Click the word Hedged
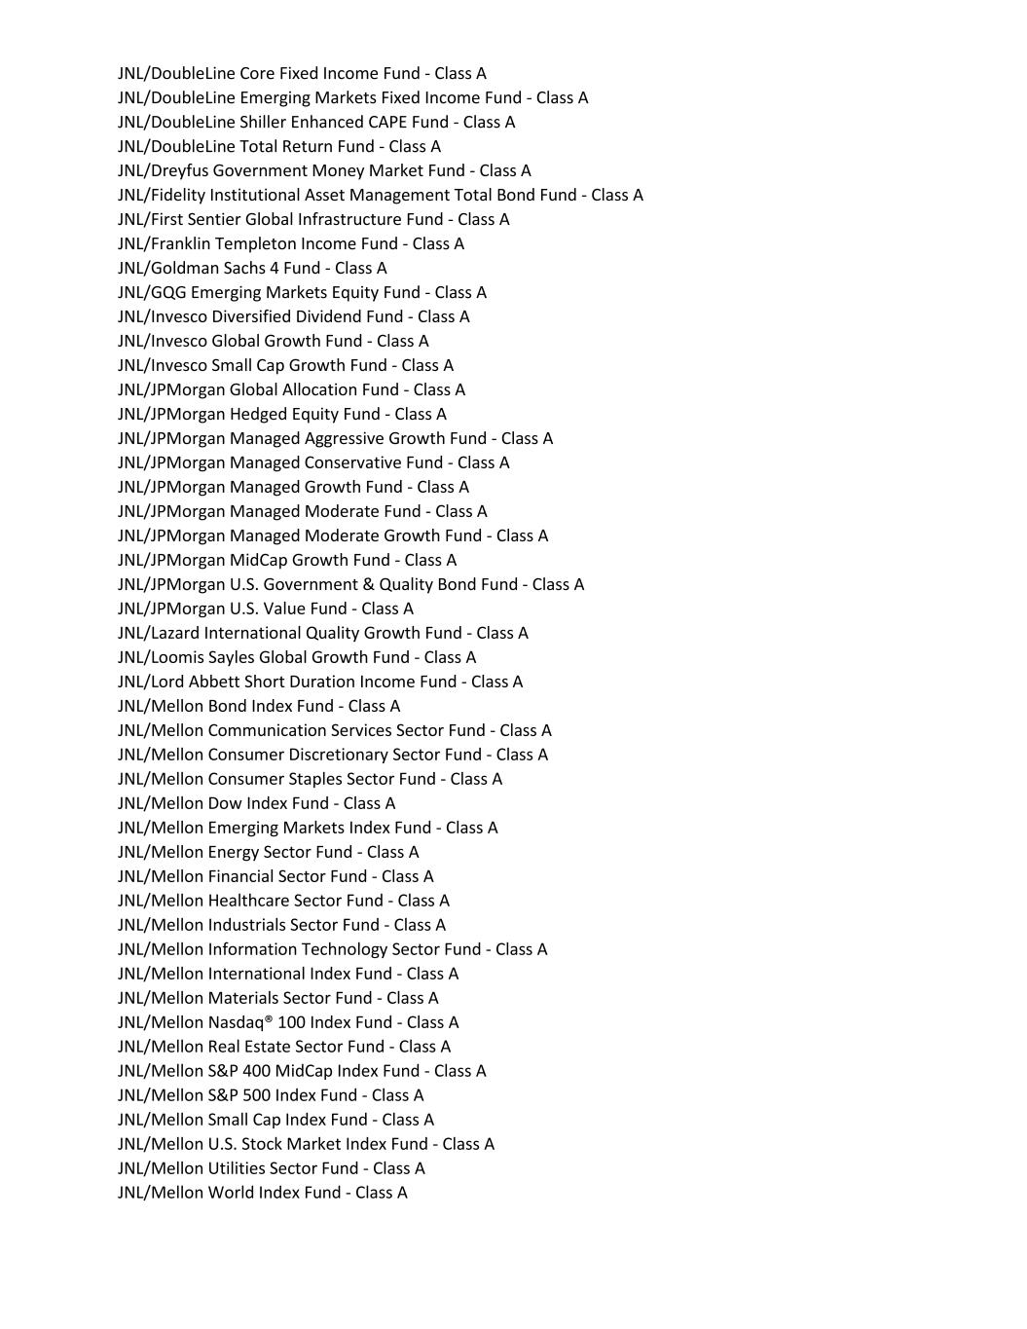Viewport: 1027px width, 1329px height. pos(256,414)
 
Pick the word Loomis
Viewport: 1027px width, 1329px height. pos(175,657)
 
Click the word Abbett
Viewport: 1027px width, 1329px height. pos(218,682)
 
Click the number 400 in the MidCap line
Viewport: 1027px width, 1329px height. pos(257,1071)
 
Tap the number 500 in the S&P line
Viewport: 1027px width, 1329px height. pos(256,1095)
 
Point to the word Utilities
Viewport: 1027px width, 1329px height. pos(236,1168)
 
